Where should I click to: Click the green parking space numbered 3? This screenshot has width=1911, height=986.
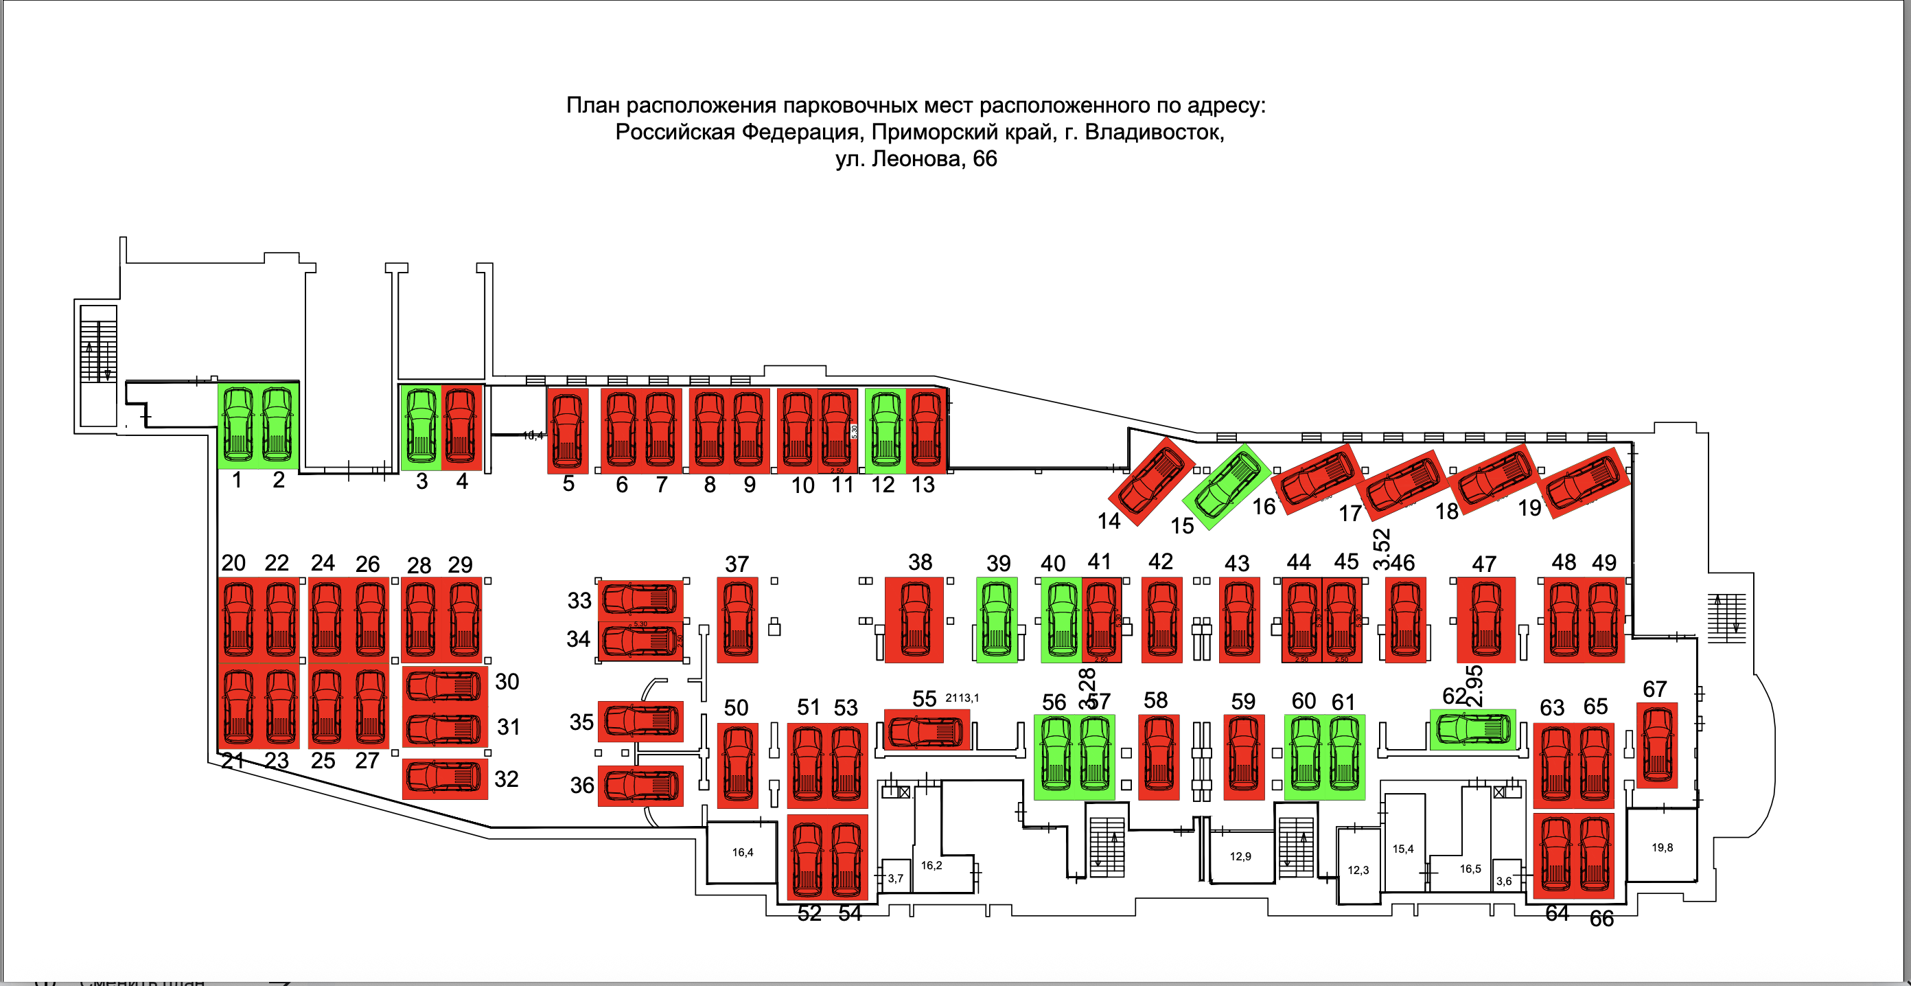[x=421, y=428]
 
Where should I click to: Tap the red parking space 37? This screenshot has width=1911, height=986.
[x=737, y=619]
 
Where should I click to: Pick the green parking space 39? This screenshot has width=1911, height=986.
[x=996, y=619]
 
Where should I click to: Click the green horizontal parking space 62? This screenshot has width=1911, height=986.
[x=1472, y=729]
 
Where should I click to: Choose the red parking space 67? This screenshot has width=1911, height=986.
[x=1656, y=745]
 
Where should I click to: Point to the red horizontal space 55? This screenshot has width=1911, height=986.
[x=927, y=730]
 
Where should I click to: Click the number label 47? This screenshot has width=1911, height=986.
[x=1483, y=564]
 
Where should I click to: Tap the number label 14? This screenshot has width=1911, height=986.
[x=1109, y=521]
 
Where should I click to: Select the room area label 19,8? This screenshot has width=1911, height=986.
[x=1662, y=847]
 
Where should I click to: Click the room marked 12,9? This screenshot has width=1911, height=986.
[x=1240, y=856]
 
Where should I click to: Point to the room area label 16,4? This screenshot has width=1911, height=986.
[x=743, y=851]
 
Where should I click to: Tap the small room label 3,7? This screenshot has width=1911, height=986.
[x=895, y=878]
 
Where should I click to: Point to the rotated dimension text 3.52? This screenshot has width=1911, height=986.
[x=1381, y=547]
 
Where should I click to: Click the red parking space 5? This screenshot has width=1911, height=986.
[x=568, y=431]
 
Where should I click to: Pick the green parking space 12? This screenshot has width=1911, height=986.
[x=885, y=431]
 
